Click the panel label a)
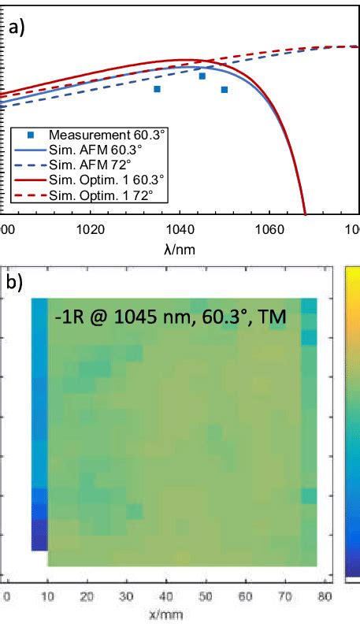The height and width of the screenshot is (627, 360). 17,29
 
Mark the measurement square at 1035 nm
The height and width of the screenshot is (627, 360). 157,89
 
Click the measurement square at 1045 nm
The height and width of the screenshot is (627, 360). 202,76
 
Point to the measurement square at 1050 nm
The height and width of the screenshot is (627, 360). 225,90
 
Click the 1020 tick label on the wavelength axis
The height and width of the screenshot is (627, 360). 91,230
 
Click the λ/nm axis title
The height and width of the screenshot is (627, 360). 180,248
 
